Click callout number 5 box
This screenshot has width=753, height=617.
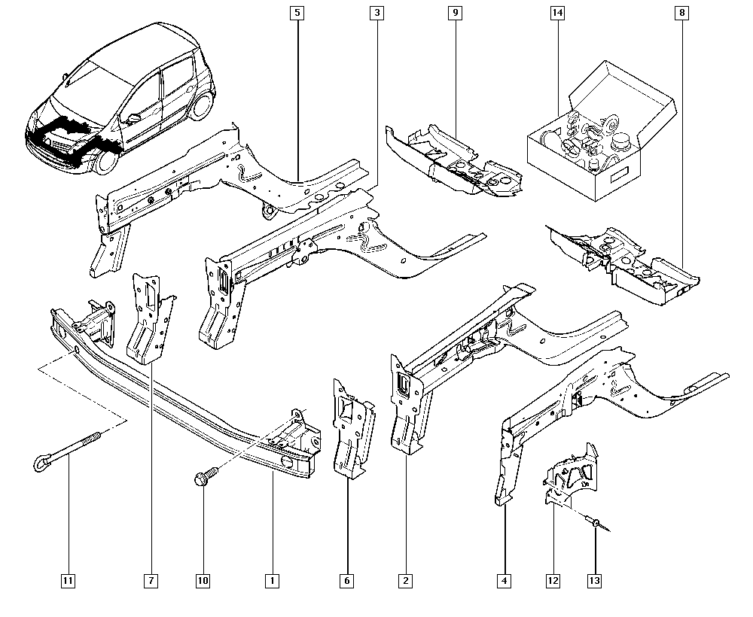(x=298, y=13)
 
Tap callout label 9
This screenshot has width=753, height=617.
(x=454, y=13)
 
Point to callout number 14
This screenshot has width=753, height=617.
(x=557, y=13)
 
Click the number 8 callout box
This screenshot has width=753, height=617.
(x=682, y=13)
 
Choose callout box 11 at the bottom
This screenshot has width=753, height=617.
(x=68, y=580)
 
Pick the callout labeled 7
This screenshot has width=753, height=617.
(x=151, y=580)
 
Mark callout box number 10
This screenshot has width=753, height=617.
(x=203, y=580)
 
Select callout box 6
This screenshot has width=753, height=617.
(x=348, y=580)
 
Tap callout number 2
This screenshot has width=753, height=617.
(x=406, y=580)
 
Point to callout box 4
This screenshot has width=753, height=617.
(x=503, y=580)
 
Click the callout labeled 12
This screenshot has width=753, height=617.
(x=553, y=580)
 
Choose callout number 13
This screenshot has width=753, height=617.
(x=596, y=580)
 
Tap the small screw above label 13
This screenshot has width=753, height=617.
(x=595, y=521)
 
